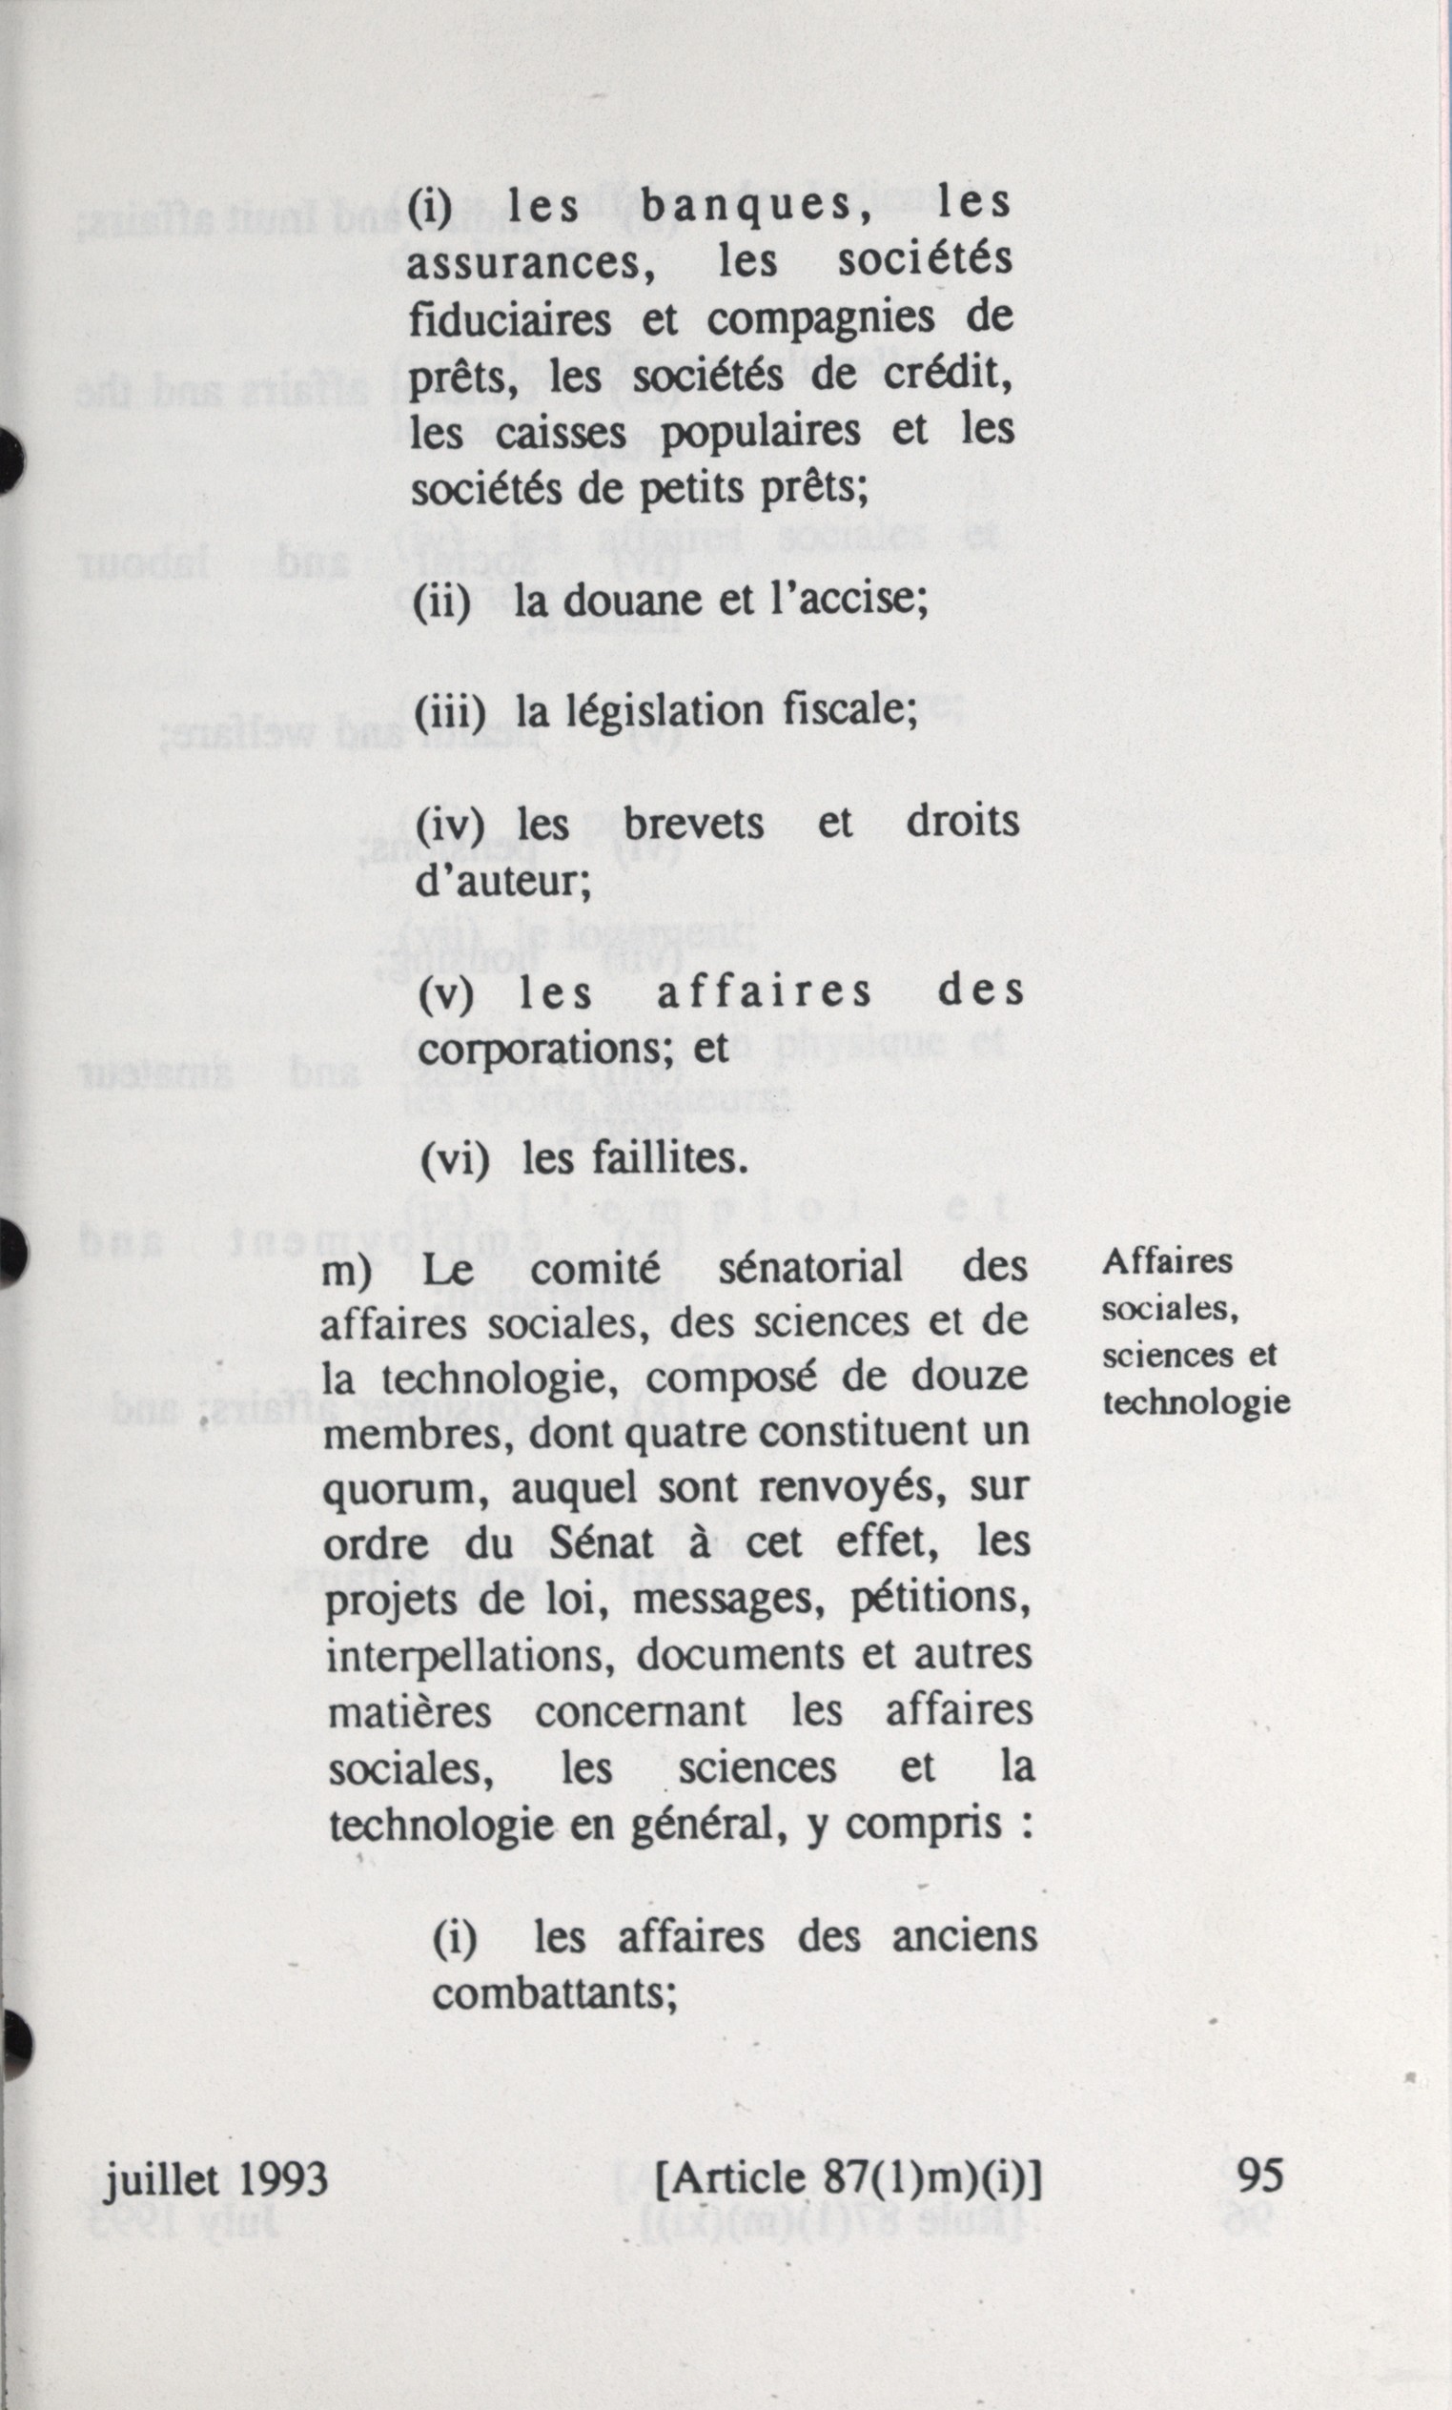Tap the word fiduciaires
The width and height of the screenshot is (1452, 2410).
(x=510, y=319)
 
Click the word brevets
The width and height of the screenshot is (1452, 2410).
(x=694, y=824)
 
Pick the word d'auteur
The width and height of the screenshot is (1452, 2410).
(x=501, y=882)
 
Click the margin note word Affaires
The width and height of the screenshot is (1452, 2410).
(x=1167, y=1262)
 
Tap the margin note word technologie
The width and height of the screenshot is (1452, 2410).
(x=1196, y=1402)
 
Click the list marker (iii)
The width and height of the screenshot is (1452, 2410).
(x=450, y=712)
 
